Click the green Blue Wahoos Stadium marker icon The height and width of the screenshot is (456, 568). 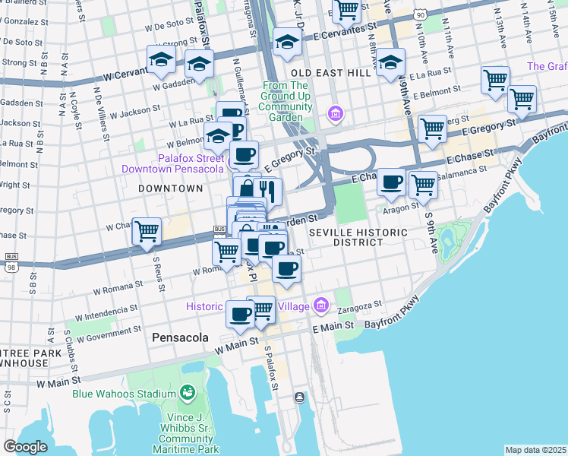pyautogui.click(x=187, y=393)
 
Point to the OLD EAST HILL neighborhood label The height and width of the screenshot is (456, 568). pyautogui.click(x=330, y=72)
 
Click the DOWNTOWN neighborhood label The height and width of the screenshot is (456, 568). pyautogui.click(x=170, y=188)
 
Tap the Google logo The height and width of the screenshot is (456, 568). pyautogui.click(x=25, y=447)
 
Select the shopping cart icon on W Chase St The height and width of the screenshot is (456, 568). pyautogui.click(x=147, y=231)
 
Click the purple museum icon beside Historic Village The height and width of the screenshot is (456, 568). pyautogui.click(x=322, y=306)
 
